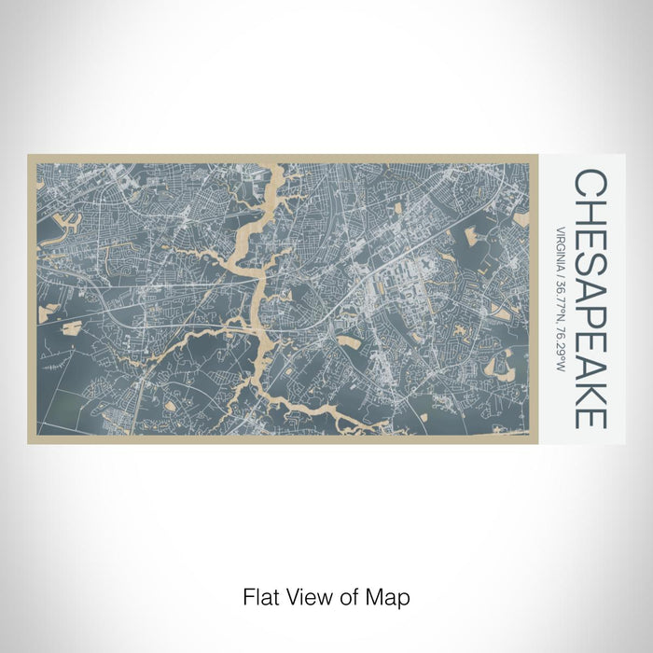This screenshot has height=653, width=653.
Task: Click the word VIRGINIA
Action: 561,246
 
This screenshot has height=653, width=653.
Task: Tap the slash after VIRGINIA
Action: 561,271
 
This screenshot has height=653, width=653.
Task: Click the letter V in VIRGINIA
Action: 561,228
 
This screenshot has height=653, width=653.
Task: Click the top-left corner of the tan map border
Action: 29,156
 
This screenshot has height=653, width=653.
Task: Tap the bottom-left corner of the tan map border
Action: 29,442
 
